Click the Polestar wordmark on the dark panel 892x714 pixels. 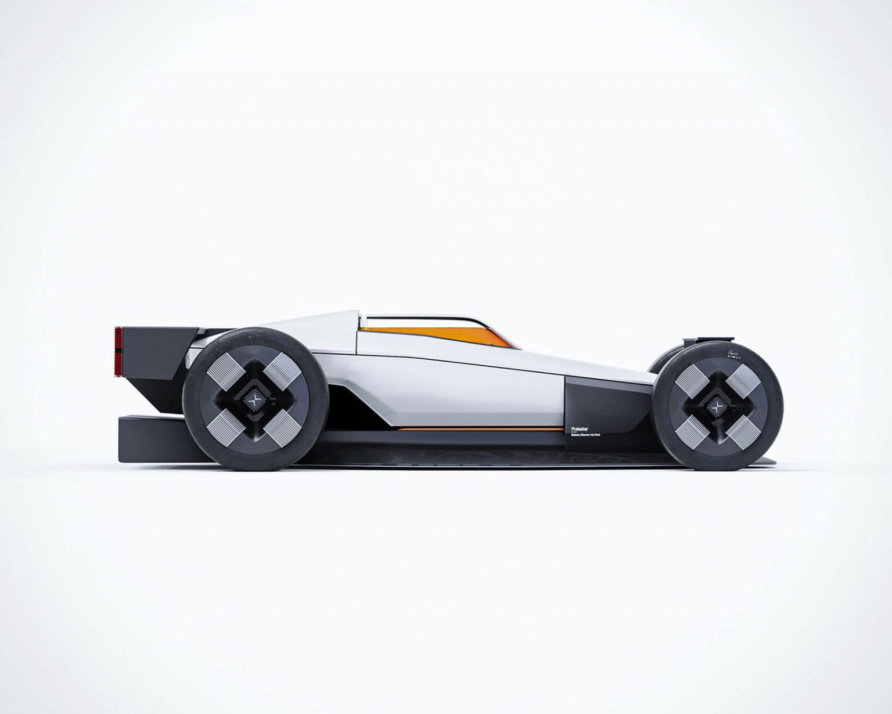coord(576,430)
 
